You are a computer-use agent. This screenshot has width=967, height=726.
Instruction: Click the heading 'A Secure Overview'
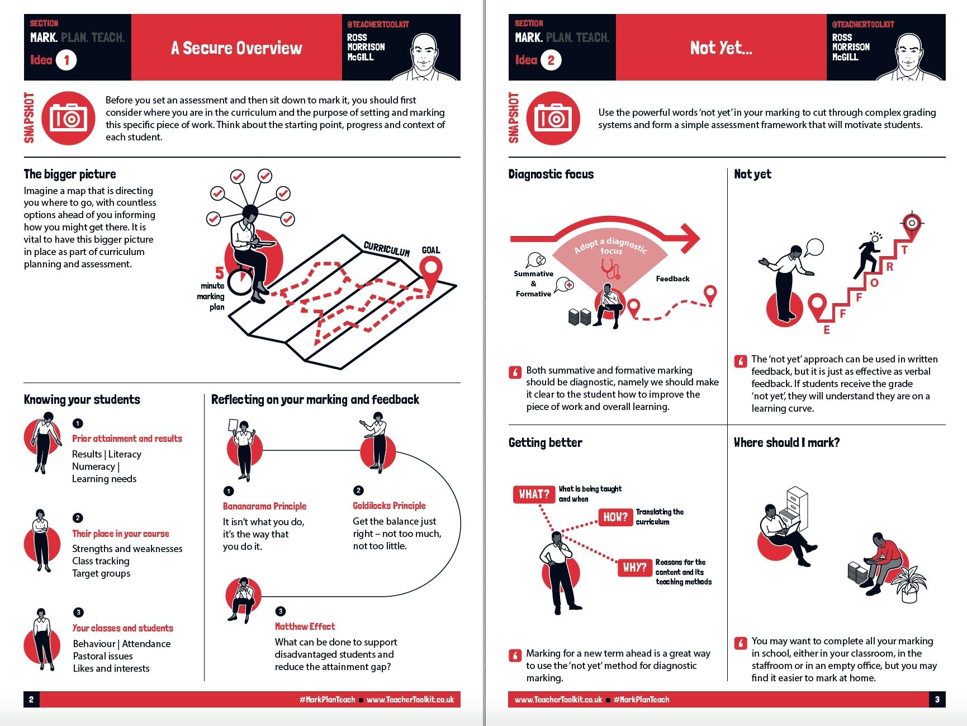coord(236,48)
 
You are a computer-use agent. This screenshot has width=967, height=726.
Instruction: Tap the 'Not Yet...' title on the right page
coord(721,48)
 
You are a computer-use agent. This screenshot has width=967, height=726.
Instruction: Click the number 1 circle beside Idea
coord(67,60)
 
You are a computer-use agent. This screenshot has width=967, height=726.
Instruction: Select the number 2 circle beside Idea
coord(551,60)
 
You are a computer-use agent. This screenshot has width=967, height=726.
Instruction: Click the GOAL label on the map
coord(430,250)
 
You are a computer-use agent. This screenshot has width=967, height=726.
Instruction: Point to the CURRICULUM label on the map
coord(386,248)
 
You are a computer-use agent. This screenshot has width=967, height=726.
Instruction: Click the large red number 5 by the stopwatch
coord(219,274)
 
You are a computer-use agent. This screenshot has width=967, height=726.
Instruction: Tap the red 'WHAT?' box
coord(534,494)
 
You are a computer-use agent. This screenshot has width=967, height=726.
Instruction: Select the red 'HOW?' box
coord(615,517)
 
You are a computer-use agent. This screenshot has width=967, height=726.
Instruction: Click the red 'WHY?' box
coord(634,568)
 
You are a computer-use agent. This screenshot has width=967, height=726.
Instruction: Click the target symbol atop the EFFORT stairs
coord(912,223)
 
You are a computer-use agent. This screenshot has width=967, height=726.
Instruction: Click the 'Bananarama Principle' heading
coord(264,506)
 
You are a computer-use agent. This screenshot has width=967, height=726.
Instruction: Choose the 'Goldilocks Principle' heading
coord(389,506)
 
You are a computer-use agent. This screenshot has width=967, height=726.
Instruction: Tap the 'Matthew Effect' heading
coord(305,626)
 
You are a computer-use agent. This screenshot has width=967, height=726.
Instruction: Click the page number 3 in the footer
coord(937,699)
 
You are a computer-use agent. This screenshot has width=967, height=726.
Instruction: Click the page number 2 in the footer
coord(31,699)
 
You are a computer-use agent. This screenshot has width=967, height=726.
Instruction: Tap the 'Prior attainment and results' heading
coord(127,439)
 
